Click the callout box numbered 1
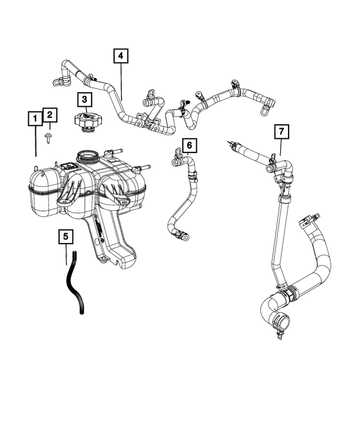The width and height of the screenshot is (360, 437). coord(35,119)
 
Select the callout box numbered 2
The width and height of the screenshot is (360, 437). coord(49,115)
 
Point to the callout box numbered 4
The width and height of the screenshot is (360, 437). coord(121,56)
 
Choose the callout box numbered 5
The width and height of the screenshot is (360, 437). coord(66,237)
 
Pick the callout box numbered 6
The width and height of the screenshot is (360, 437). coord(189,146)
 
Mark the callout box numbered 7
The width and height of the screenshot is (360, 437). coord(281,132)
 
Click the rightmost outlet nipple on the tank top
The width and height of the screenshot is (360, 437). coord(146,168)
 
